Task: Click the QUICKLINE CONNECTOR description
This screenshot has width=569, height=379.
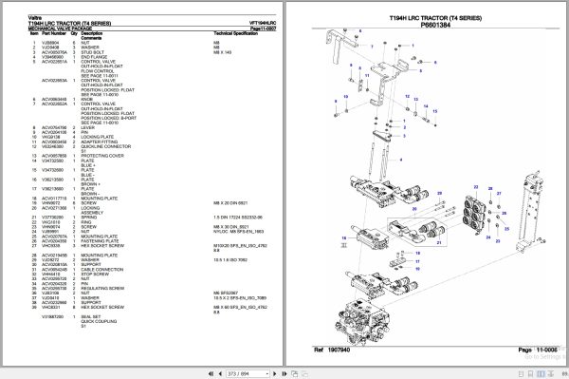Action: point(104,145)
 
